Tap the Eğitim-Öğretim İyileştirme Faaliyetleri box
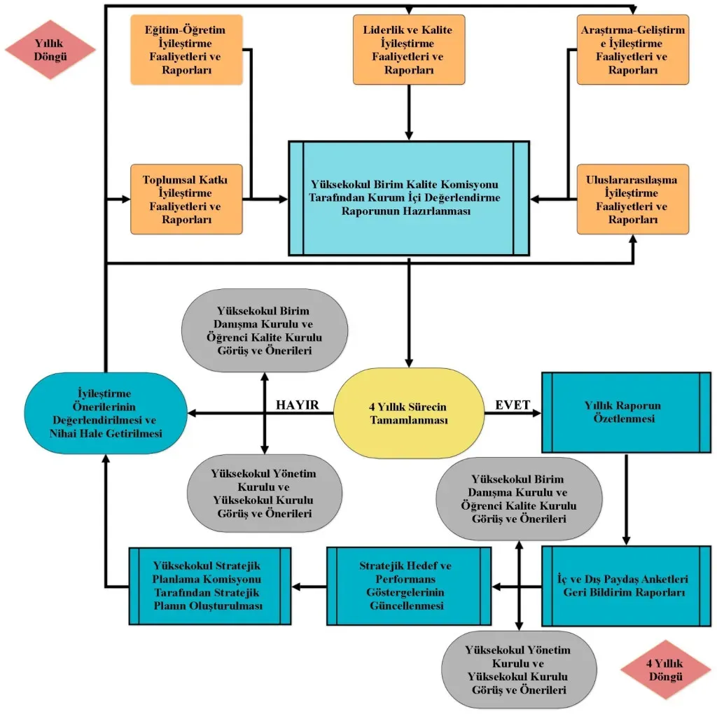[x=186, y=50]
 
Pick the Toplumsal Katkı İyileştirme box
[x=186, y=199]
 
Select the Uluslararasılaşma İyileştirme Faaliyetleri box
[x=632, y=199]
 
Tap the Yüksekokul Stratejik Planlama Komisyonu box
[x=210, y=585]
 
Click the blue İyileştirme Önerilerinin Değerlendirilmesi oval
[x=105, y=413]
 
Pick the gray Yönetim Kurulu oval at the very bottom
[x=517, y=669]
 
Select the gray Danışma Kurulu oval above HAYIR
[x=264, y=330]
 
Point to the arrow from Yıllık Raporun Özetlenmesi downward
[x=626, y=500]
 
